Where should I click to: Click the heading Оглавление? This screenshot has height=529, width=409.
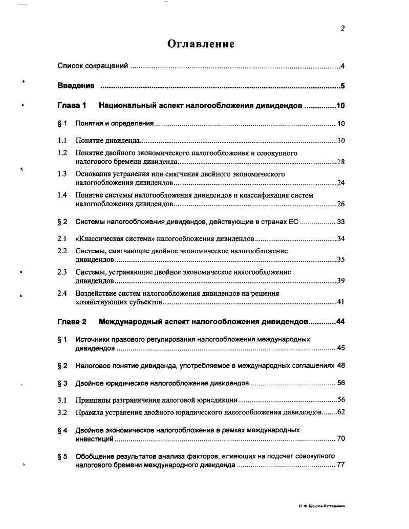[x=201, y=44]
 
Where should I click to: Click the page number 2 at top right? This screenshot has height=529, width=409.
[x=342, y=29]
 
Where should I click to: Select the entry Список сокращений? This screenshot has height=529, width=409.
[x=92, y=66]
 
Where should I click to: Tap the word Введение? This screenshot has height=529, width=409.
[x=76, y=85]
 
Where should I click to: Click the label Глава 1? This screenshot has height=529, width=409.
[x=72, y=106]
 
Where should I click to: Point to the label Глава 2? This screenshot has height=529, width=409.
[x=72, y=322]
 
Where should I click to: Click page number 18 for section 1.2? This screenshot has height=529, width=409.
[x=341, y=162]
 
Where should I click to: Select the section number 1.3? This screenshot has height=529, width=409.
[x=62, y=174]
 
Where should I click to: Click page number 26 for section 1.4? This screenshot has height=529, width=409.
[x=341, y=204]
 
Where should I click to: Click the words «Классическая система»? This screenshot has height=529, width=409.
[x=115, y=238]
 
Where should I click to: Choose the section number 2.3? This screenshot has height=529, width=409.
[x=62, y=272]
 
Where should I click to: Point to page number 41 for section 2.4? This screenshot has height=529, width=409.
[x=341, y=302]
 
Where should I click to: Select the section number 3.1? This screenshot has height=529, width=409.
[x=62, y=400]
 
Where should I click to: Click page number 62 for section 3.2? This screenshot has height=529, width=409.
[x=341, y=412]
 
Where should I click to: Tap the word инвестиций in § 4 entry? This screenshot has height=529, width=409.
[x=94, y=439]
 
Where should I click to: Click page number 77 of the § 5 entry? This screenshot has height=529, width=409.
[x=341, y=465]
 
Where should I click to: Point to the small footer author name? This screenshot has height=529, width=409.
[x=322, y=506]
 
